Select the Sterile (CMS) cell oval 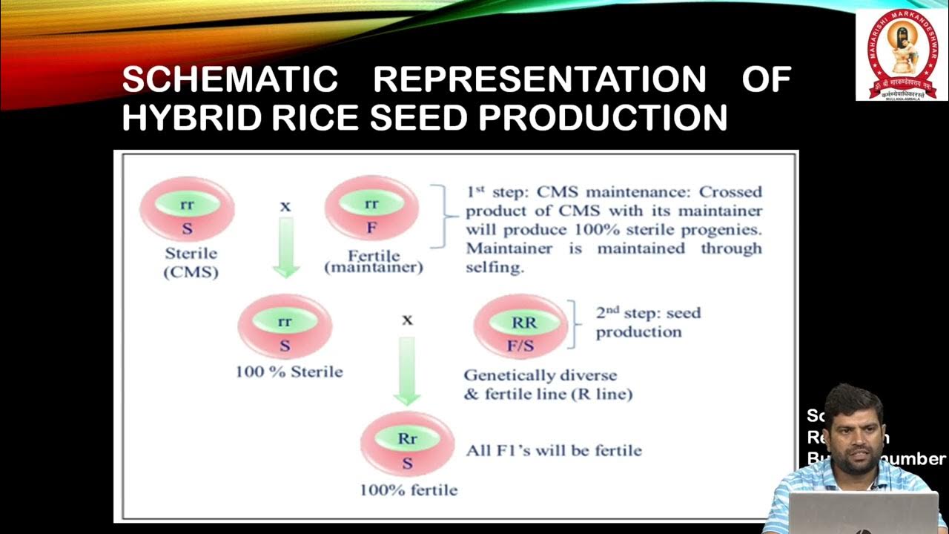tap(187, 209)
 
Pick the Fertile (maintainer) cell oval tap(371, 209)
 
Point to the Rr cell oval tap(407, 444)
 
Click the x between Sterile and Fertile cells tap(285, 206)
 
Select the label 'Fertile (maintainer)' tap(373, 260)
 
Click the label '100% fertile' tap(409, 490)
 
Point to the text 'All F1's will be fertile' tap(553, 450)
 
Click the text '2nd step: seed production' tap(647, 322)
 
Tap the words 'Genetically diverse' tap(540, 375)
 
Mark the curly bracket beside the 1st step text tap(447, 216)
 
